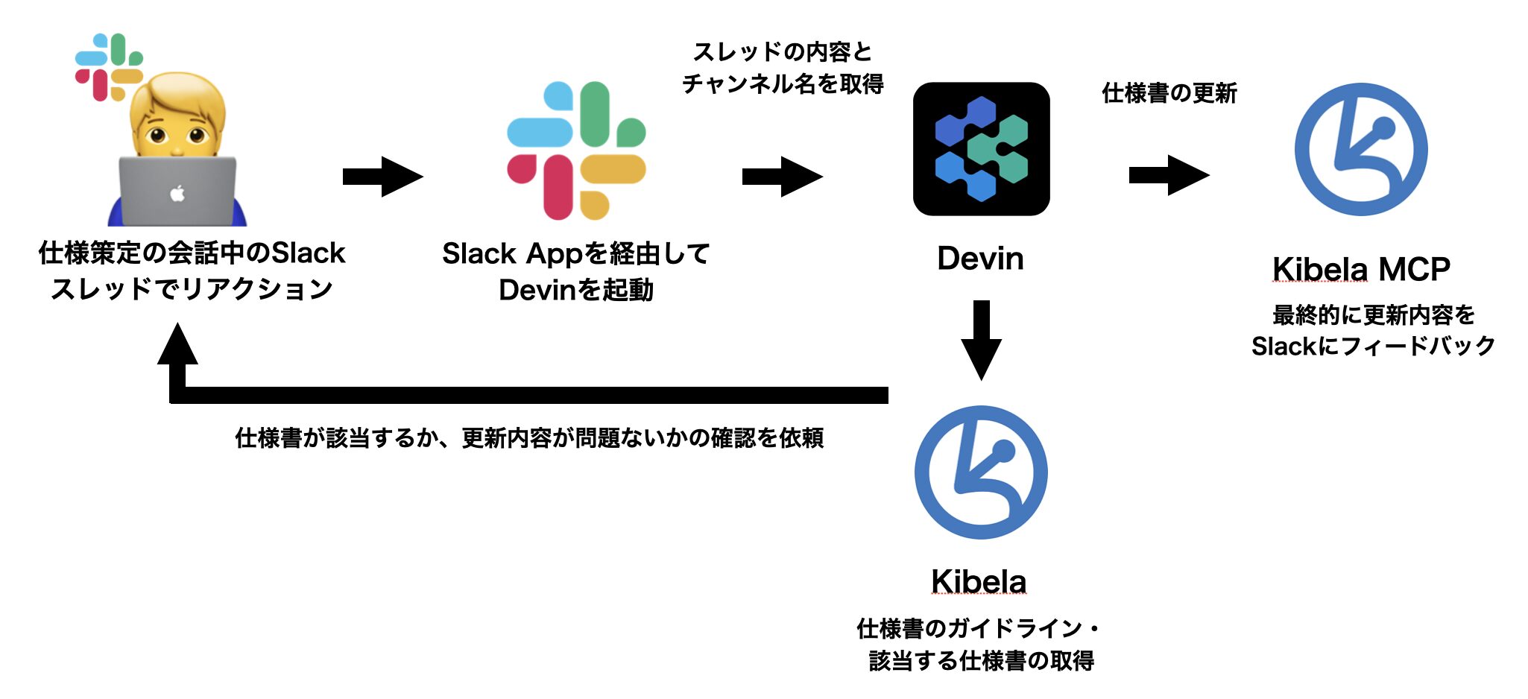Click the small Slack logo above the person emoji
[x=109, y=67]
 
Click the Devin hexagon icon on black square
[x=981, y=149]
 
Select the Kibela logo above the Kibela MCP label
[x=1361, y=149]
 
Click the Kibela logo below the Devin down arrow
[x=981, y=472]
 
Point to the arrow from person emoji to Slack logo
[x=382, y=177]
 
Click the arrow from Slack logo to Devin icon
[x=782, y=177]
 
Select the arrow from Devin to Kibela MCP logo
[x=1169, y=175]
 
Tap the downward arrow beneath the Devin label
[x=981, y=340]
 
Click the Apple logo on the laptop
[x=177, y=194]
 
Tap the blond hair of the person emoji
[x=177, y=89]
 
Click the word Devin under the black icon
[x=980, y=259]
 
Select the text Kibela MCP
[x=1361, y=269]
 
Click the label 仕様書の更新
[x=1169, y=93]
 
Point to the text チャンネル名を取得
[x=783, y=83]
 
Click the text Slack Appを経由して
[x=575, y=253]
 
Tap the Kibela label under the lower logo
[x=979, y=581]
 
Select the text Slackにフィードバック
[x=1373, y=346]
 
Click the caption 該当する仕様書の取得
[x=981, y=660]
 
